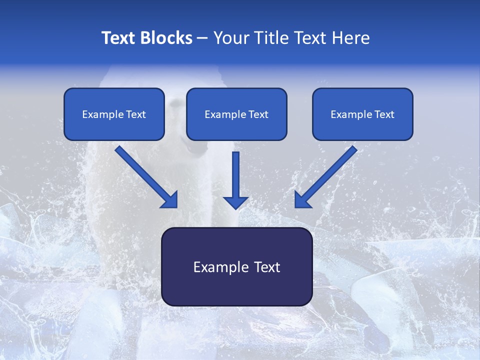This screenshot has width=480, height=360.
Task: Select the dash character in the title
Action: click(202, 38)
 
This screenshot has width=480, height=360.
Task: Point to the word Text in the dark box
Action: click(265, 267)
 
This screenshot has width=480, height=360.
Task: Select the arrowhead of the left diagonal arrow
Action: click(170, 200)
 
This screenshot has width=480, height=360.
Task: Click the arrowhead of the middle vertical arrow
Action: click(235, 202)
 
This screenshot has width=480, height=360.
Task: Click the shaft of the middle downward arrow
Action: click(235, 172)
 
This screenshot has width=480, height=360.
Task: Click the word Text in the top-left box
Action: click(136, 114)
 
